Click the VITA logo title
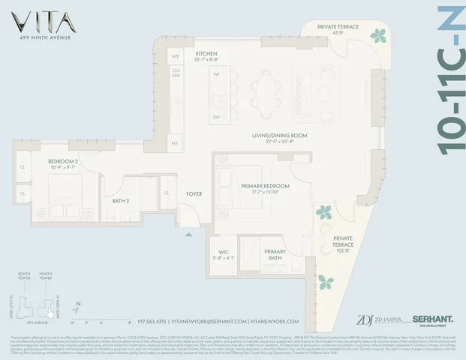tap(37, 18)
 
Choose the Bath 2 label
tap(120, 201)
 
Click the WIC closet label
tap(224, 252)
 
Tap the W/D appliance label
tap(176, 56)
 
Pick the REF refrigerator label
tap(174, 142)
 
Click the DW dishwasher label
tap(216, 118)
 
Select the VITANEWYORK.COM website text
tap(278, 321)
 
